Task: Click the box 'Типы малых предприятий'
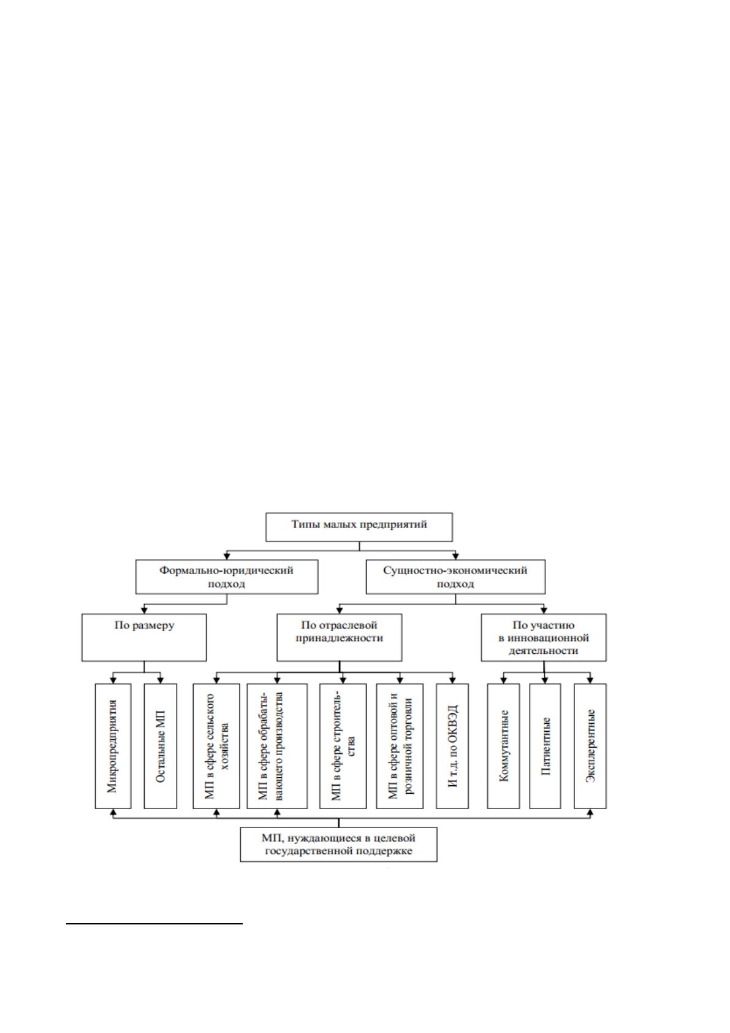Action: click(359, 527)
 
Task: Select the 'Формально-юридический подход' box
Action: click(227, 577)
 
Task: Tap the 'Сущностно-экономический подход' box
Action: click(455, 577)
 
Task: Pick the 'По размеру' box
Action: click(144, 637)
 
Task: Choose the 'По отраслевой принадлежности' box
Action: click(339, 637)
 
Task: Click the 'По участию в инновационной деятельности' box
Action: click(544, 637)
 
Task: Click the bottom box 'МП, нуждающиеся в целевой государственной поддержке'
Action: click(339, 845)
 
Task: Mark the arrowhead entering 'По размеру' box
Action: click(144, 610)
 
